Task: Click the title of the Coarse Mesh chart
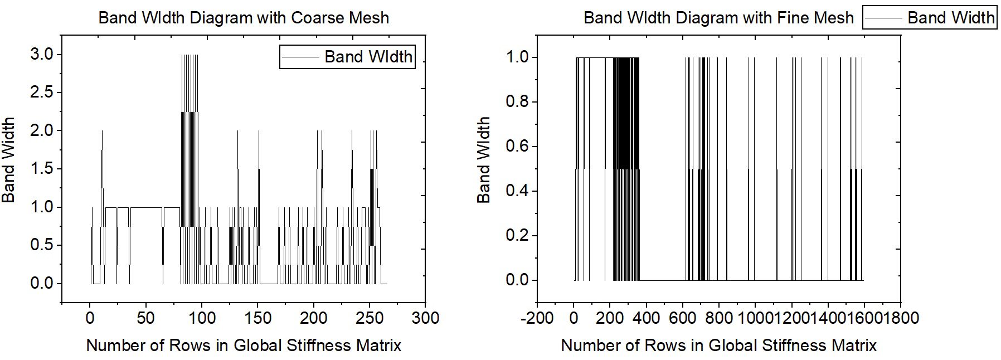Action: (244, 17)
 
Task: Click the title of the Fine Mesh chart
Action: (718, 17)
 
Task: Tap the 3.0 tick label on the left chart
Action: (42, 55)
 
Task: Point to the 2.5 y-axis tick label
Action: (42, 93)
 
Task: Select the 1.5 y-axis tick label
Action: (42, 169)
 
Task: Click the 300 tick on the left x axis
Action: (425, 318)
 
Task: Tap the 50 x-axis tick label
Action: (145, 318)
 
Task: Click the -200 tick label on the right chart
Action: (536, 318)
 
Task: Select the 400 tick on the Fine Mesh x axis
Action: (646, 318)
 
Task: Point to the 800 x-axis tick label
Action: (719, 318)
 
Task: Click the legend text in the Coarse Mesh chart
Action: (368, 56)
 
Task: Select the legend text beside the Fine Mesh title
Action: (950, 17)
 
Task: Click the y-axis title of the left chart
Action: (8, 160)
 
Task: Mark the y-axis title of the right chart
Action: (483, 160)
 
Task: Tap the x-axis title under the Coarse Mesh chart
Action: (244, 346)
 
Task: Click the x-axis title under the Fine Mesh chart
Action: (718, 346)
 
